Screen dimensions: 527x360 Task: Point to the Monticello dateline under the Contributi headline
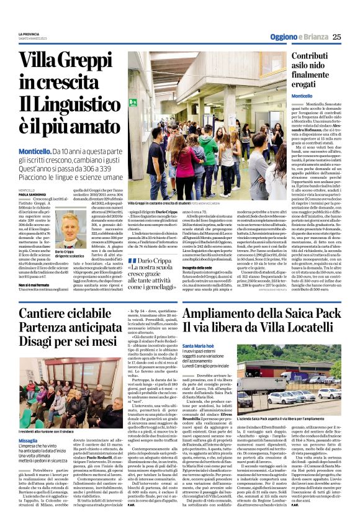point(302,96)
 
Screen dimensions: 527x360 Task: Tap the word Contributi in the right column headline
point(313,56)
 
